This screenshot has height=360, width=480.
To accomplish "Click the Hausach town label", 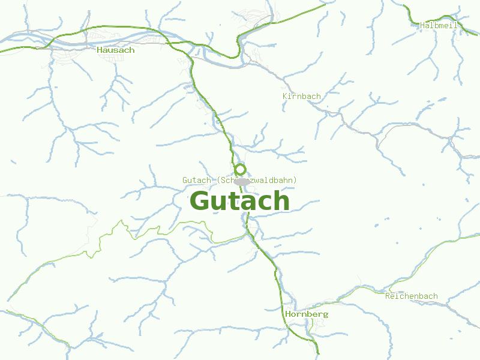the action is (x=115, y=50).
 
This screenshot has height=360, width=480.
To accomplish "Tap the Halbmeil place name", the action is (x=439, y=25).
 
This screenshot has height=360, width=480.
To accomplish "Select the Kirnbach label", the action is (x=301, y=96).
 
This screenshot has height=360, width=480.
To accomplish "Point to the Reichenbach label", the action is (x=411, y=296).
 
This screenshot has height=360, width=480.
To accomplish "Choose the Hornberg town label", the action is (x=307, y=314).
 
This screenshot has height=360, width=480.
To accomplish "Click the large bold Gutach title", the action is (x=239, y=201).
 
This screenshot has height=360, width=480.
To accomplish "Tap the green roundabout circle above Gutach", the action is (x=240, y=169).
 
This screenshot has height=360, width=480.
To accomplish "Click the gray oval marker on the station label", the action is (x=242, y=181).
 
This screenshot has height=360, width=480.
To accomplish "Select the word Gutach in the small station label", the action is (x=196, y=181).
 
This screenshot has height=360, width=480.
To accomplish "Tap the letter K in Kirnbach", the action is (x=285, y=96).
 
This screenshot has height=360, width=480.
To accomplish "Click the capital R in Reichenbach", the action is (x=388, y=296).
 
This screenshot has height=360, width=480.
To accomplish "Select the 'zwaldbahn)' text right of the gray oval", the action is (x=274, y=181).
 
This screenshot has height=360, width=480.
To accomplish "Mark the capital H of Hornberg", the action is (x=289, y=314).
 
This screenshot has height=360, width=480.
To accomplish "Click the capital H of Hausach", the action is (x=100, y=50).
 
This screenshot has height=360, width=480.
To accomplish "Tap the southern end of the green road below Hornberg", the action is (x=318, y=354).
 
